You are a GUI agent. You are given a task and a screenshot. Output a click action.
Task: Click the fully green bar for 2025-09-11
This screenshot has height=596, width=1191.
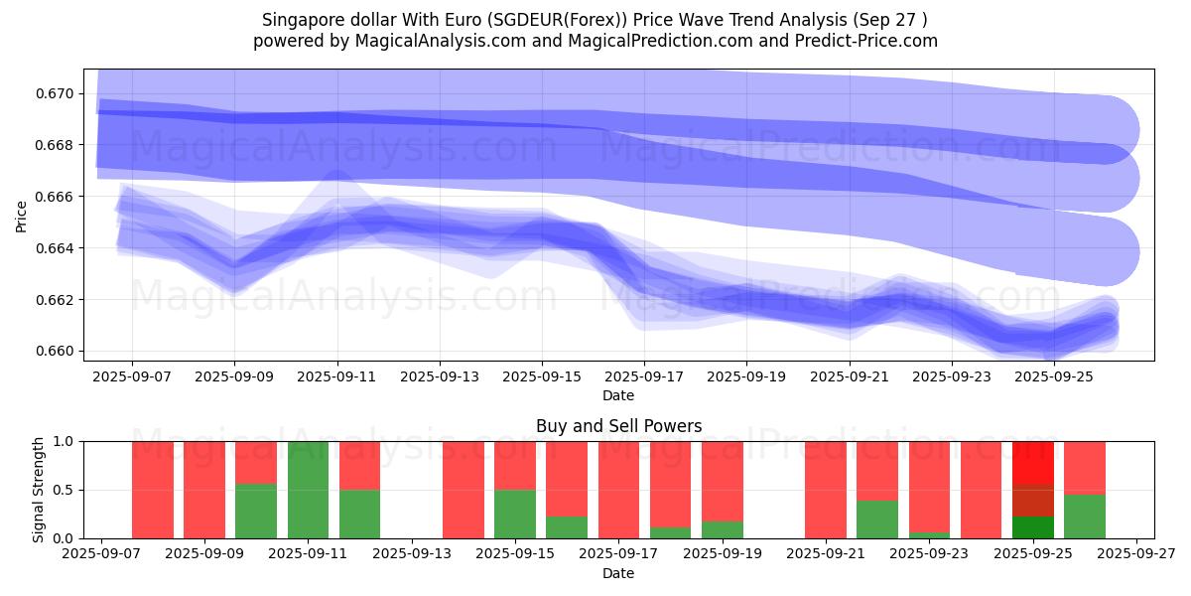pyautogui.click(x=308, y=490)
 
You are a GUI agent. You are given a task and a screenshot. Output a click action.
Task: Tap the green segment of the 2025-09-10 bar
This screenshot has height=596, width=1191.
pyautogui.click(x=256, y=511)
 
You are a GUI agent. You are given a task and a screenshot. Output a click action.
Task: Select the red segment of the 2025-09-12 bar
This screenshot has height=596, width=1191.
pyautogui.click(x=359, y=465)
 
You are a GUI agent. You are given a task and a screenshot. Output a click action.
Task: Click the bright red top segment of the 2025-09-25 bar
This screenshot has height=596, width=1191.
pyautogui.click(x=1032, y=462)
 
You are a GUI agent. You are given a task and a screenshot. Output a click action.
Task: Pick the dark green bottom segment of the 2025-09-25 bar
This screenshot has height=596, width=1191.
pyautogui.click(x=1032, y=527)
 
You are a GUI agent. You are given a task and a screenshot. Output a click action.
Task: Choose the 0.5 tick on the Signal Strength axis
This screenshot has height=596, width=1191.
pyautogui.click(x=64, y=490)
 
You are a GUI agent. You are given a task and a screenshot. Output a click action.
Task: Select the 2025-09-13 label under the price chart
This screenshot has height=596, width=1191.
pyautogui.click(x=440, y=377)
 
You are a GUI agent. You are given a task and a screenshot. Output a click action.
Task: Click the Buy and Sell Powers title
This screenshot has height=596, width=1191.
pyautogui.click(x=618, y=426)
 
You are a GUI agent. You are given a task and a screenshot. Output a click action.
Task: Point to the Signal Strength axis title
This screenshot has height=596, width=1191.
pyautogui.click(x=38, y=490)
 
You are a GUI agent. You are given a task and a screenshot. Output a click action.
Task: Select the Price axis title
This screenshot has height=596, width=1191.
pyautogui.click(x=22, y=215)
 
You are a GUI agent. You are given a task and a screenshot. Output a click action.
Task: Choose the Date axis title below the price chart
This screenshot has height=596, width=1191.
pyautogui.click(x=618, y=395)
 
